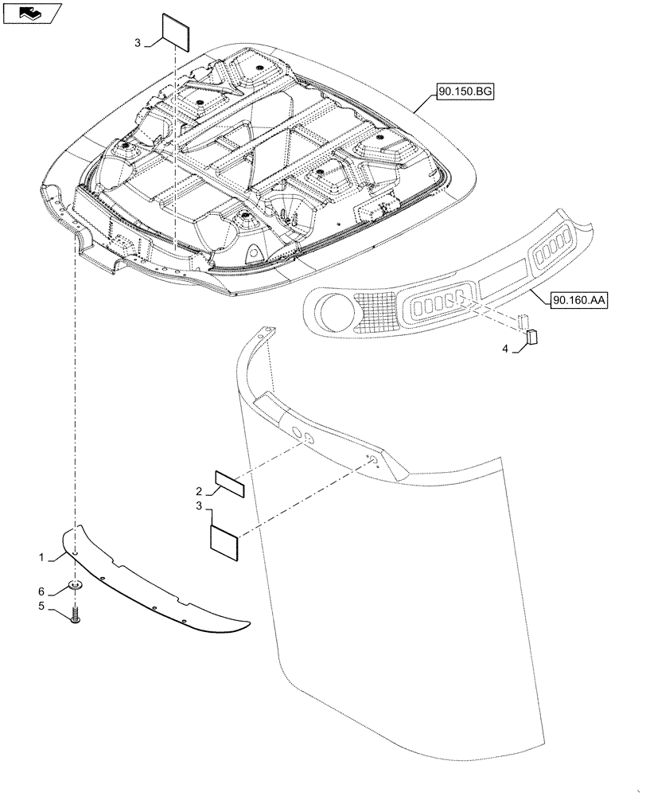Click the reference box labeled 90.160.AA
coord(577,300)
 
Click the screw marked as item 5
coord(76,616)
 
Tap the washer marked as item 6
coord(76,587)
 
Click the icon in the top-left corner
coord(31,12)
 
